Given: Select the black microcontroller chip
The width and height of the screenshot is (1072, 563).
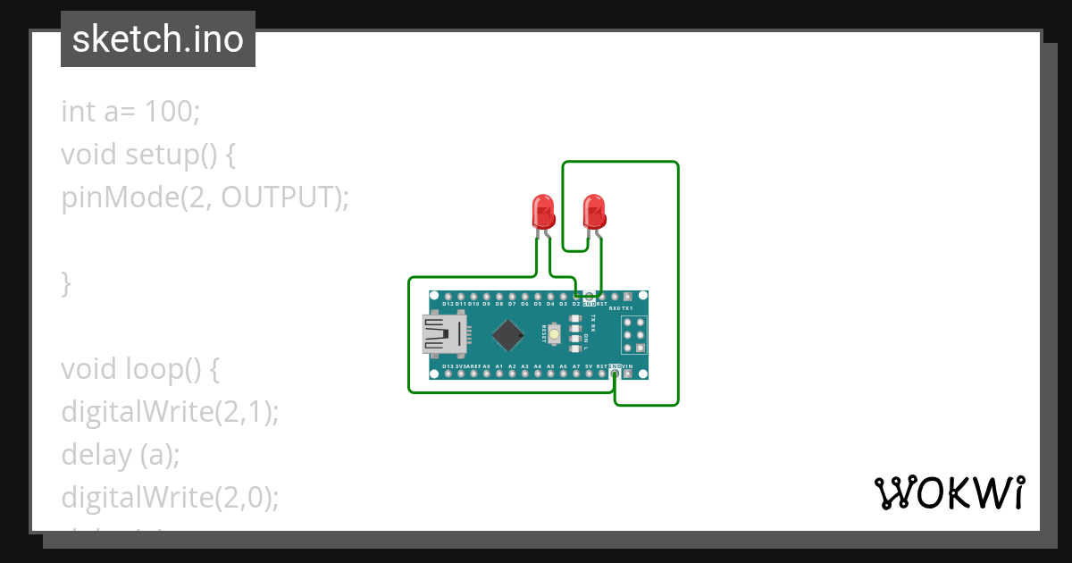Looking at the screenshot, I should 508,334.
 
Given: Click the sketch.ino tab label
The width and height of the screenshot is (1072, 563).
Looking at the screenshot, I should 158,39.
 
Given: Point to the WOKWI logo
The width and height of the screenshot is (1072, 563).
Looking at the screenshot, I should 949,492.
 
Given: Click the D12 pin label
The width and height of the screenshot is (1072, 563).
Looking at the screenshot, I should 448,304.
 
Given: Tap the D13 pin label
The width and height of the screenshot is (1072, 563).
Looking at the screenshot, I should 448,366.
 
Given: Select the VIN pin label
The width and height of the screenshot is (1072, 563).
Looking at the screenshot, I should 627,366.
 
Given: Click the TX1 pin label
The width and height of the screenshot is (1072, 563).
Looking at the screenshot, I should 627,307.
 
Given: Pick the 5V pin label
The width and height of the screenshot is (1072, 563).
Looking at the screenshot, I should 589,366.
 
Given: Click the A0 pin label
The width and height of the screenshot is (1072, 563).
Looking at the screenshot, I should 486,366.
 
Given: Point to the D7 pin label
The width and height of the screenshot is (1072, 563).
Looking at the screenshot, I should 512,304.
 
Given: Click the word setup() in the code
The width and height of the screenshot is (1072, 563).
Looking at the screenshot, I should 170,155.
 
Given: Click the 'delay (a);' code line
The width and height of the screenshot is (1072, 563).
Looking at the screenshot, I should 121,455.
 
